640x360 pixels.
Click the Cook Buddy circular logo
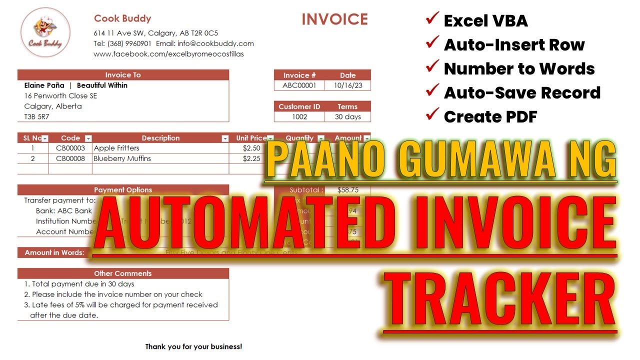[x=45, y=32]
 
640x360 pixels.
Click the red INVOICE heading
[x=334, y=19]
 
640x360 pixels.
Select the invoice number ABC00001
[x=299, y=85]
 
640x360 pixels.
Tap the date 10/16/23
[x=347, y=85]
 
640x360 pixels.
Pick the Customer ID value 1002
[x=299, y=117]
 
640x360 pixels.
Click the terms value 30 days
[x=347, y=117]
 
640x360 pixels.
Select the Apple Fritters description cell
[x=116, y=148]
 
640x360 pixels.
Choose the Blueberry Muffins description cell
[x=122, y=158]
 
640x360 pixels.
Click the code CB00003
[x=70, y=148]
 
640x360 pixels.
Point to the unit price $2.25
[x=251, y=158]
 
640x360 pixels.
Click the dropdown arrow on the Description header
[x=224, y=138]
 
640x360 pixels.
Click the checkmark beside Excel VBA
[x=431, y=20]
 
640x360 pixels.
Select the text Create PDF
[x=490, y=117]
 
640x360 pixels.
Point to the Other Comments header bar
[x=123, y=273]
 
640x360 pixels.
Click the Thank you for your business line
[x=193, y=346]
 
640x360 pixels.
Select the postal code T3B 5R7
[x=36, y=117]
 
